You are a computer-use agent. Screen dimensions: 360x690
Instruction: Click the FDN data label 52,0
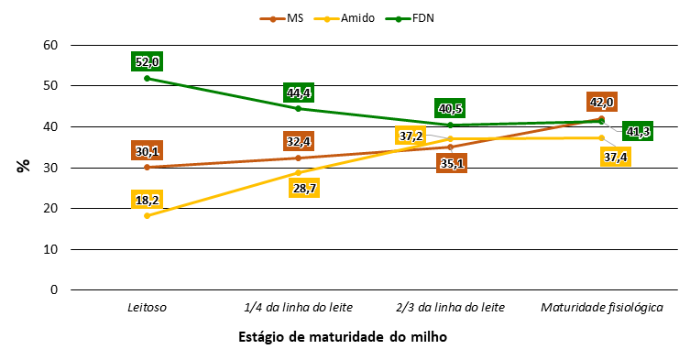point(147,61)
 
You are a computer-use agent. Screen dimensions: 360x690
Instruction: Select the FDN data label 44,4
point(299,93)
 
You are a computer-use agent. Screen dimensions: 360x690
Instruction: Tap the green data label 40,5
point(451,109)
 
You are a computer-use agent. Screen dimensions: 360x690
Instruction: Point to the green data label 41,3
point(638,132)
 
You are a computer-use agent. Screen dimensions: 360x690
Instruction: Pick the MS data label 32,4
point(299,141)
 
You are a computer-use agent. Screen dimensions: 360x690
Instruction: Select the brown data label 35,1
point(451,164)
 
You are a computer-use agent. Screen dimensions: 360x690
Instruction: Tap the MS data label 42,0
point(601,102)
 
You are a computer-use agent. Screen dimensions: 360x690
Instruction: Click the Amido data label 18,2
point(147,199)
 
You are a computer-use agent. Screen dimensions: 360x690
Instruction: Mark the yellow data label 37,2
point(411,136)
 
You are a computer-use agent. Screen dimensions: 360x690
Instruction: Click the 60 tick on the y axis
point(51,45)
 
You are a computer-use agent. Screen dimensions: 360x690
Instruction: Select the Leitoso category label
point(146,306)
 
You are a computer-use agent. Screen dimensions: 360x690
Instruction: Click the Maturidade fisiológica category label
point(602,306)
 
